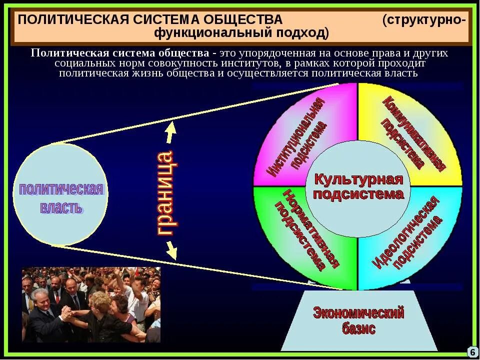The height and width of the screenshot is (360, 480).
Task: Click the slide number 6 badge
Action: click(472, 351)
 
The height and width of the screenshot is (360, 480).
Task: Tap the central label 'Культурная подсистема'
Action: click(358, 186)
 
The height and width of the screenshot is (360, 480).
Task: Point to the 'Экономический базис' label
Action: click(358, 320)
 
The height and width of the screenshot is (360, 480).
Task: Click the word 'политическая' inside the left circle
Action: click(60, 189)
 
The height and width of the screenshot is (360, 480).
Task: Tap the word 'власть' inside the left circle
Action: click(61, 207)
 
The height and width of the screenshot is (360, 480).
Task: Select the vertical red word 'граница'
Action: click(166, 192)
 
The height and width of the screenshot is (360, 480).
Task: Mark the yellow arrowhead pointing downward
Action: click(171, 252)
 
